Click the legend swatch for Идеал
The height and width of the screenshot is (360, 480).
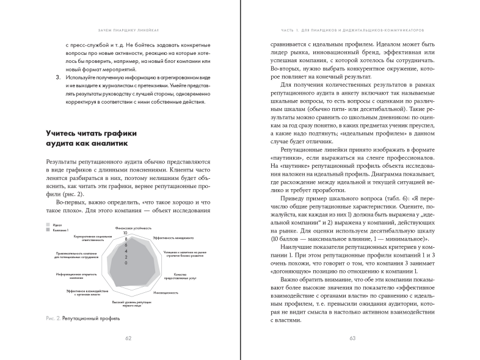click(47, 225)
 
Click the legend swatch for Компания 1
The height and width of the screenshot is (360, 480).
click(47, 231)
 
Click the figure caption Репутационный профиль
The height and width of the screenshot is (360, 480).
click(92, 317)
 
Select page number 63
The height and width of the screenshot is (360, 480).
click(352, 340)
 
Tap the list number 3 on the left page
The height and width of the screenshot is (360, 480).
click(49, 78)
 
